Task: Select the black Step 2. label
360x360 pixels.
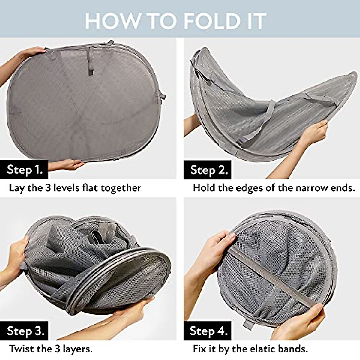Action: (209, 170)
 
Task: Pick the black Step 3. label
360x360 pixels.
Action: (25, 331)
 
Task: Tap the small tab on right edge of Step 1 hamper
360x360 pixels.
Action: (162, 97)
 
